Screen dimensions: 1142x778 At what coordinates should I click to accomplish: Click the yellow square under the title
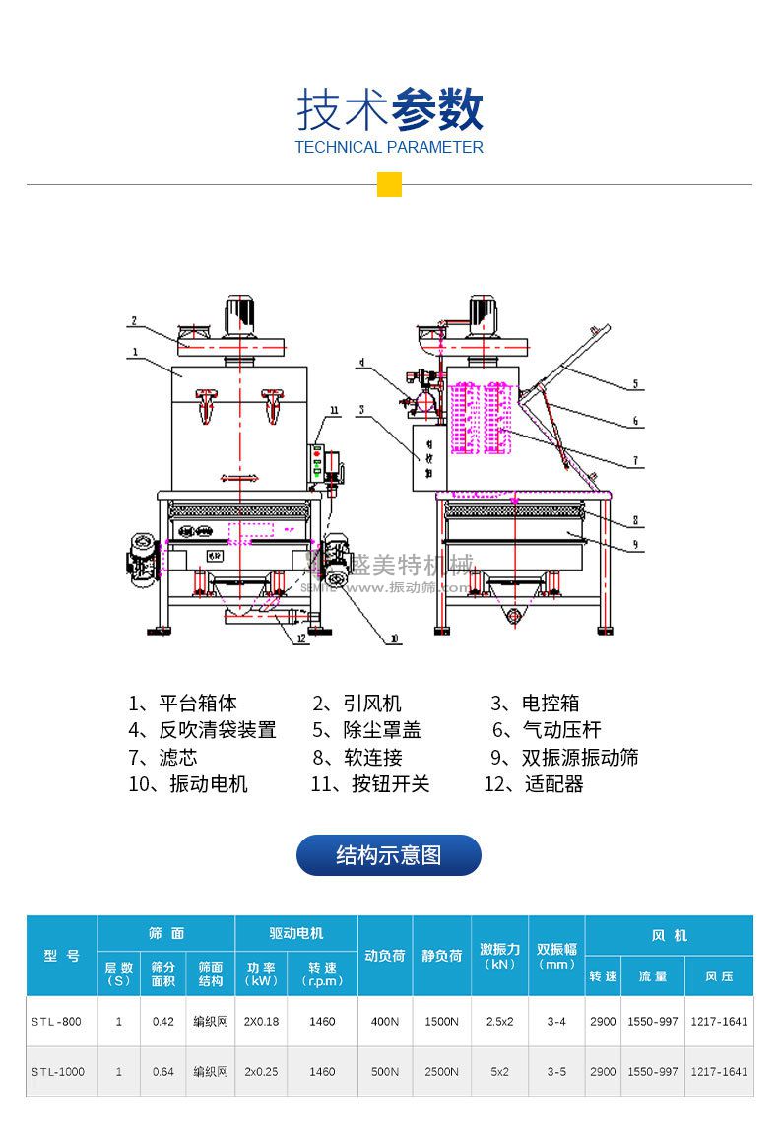tap(389, 184)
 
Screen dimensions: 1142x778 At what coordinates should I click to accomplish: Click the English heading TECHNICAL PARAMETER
tap(389, 148)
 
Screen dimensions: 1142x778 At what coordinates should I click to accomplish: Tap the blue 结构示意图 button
tap(389, 855)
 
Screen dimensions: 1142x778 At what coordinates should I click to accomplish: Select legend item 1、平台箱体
tap(183, 704)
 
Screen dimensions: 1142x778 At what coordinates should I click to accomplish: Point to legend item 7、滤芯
tap(163, 757)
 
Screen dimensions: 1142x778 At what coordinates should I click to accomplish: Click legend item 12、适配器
tap(534, 784)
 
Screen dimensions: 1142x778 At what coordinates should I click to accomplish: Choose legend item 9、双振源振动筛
tap(565, 757)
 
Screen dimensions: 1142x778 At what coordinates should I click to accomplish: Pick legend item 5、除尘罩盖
tap(367, 730)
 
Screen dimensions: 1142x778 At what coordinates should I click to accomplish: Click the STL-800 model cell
tap(56, 1022)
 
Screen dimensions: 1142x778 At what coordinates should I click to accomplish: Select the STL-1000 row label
tap(56, 1071)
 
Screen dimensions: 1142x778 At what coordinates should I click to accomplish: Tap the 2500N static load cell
tap(441, 1071)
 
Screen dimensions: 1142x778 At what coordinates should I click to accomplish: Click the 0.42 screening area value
tap(163, 1022)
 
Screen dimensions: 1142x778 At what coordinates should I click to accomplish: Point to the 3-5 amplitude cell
tap(556, 1071)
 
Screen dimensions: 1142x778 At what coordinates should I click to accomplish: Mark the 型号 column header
tap(62, 956)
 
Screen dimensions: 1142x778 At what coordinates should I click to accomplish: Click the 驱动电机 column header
tap(295, 933)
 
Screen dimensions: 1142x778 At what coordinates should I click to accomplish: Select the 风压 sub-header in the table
tap(719, 976)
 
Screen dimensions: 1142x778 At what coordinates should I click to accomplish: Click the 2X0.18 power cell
tap(262, 1022)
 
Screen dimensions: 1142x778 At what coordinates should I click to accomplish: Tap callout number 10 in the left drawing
tap(395, 638)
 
